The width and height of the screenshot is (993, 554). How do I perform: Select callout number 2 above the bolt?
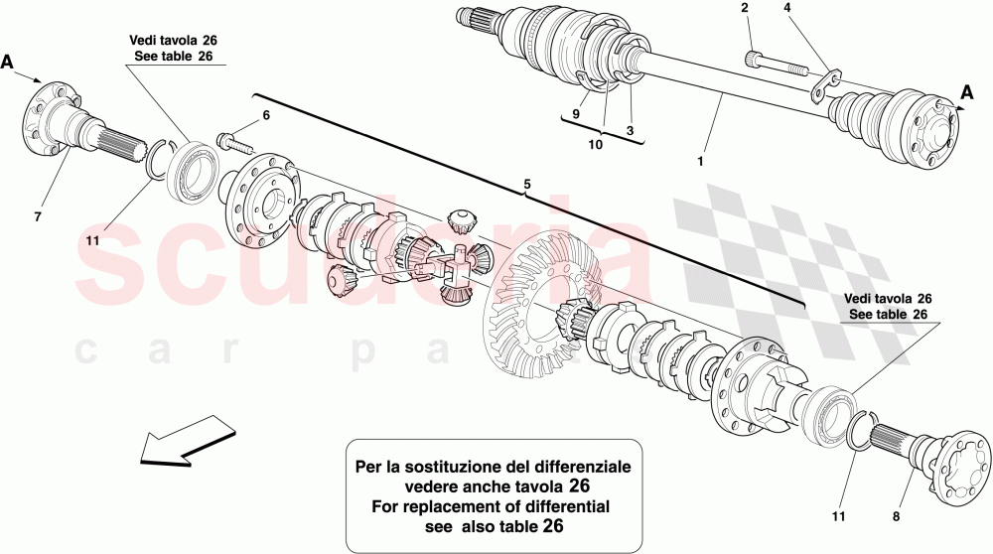744,10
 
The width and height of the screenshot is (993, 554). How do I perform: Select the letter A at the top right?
966,92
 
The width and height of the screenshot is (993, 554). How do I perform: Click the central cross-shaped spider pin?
460,268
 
